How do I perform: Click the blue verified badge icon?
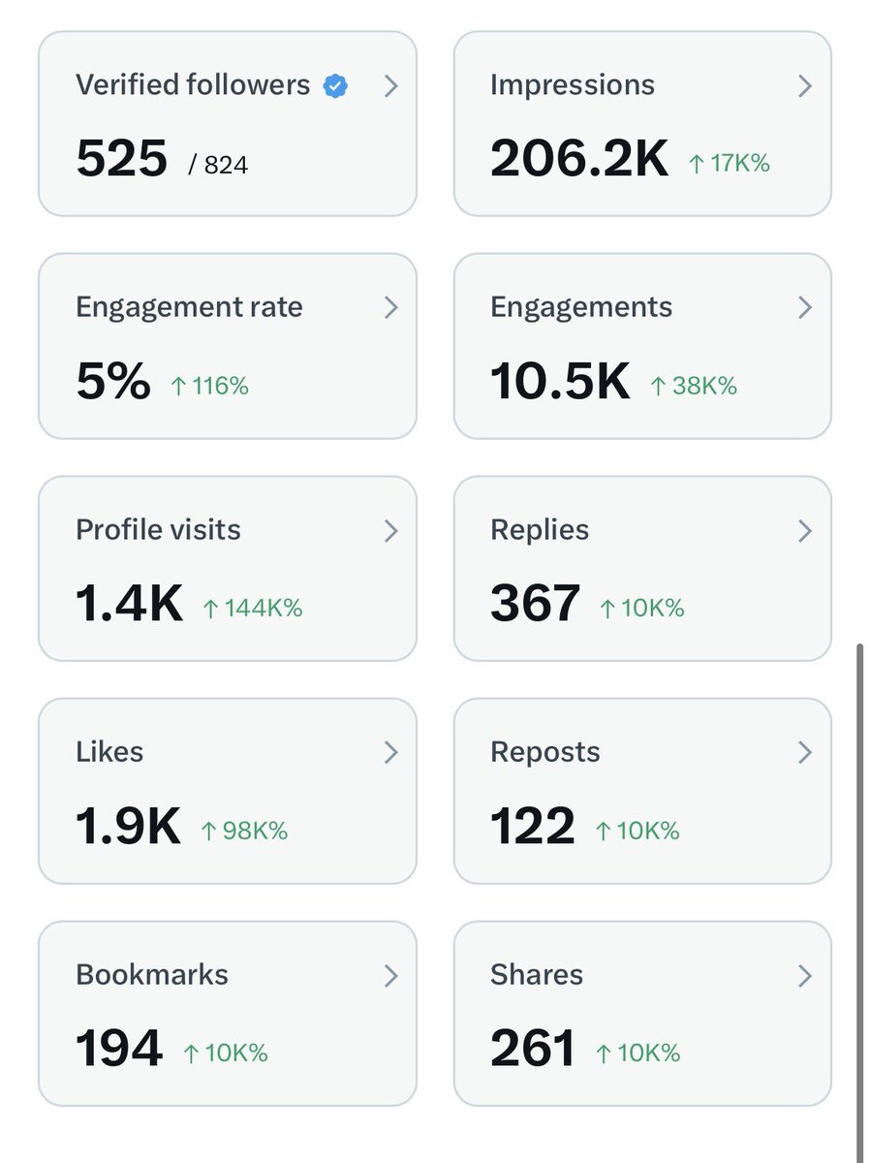pos(335,86)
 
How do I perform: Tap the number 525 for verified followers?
pos(122,159)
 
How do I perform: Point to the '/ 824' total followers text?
pos(219,165)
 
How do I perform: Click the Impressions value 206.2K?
pos(579,159)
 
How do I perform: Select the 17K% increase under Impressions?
pos(729,164)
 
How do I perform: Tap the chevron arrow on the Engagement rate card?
pos(390,308)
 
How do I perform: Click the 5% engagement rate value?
pos(112,382)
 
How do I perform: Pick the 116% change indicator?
pos(209,387)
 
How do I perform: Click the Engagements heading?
pos(581,307)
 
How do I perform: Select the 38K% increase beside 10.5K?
pos(693,387)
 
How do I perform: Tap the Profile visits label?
pos(158,530)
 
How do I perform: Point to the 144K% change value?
pos(252,609)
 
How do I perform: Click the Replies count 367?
pos(535,604)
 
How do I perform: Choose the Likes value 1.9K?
pos(128,827)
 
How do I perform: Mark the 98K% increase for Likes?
pos(243,832)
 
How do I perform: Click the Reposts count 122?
pos(533,827)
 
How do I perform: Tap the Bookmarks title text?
pos(152,975)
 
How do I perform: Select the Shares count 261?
pos(533,1050)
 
